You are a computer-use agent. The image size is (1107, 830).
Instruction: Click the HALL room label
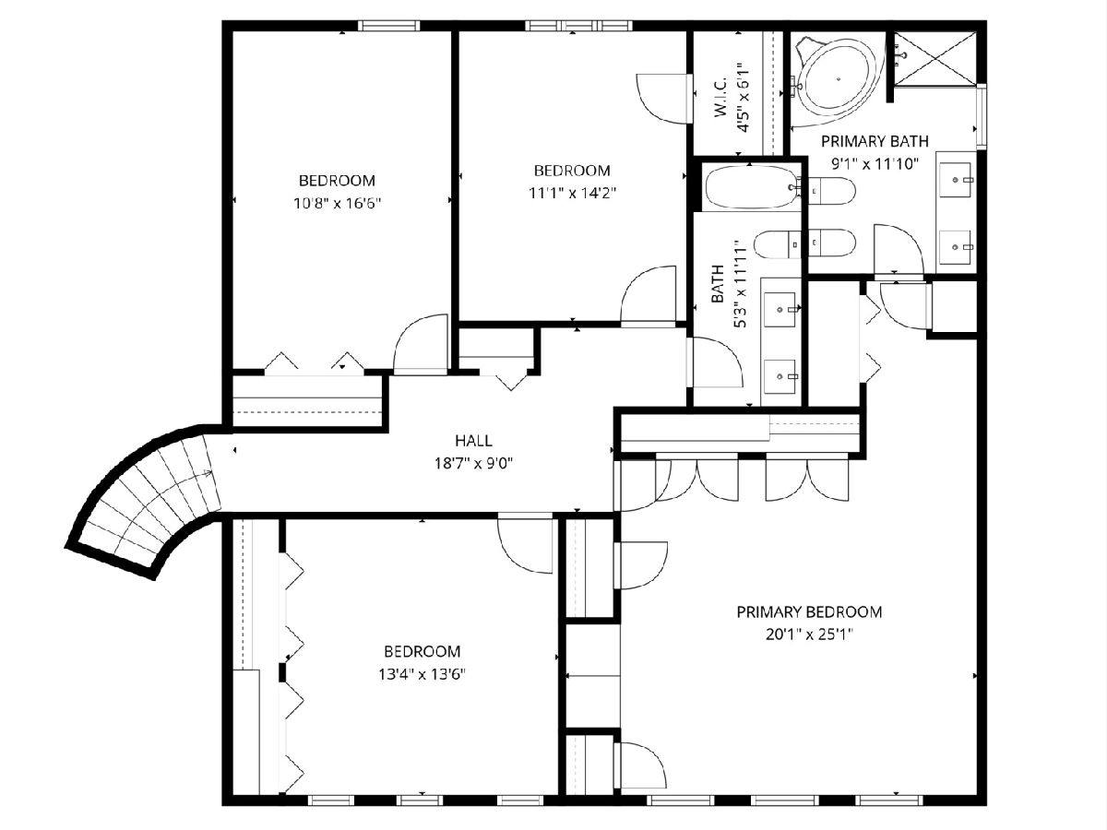click(x=473, y=441)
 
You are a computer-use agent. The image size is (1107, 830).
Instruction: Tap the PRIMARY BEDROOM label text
click(x=809, y=612)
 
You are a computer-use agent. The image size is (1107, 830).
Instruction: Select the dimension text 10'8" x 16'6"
click(x=337, y=204)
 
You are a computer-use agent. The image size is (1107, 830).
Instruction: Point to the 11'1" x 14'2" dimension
click(x=573, y=193)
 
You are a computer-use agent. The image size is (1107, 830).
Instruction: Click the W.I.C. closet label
click(x=720, y=97)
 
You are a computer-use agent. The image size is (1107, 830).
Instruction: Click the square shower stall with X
click(x=935, y=58)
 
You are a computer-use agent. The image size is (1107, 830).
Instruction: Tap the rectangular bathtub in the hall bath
click(x=752, y=187)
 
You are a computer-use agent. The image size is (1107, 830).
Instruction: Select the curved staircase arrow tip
click(x=211, y=473)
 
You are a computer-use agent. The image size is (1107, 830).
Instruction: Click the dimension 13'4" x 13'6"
click(x=423, y=674)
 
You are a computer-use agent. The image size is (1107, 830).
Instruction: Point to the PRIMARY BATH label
click(x=875, y=142)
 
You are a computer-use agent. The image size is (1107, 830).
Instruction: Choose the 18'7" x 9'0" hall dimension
click(x=473, y=463)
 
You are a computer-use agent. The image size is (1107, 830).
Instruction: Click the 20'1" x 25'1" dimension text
click(x=809, y=634)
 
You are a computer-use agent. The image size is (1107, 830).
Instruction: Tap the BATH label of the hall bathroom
click(x=717, y=284)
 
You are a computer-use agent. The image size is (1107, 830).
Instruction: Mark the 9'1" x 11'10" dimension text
click(x=875, y=164)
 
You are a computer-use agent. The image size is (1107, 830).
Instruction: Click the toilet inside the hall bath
click(x=777, y=244)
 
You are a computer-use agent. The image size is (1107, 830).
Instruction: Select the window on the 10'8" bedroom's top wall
click(x=389, y=26)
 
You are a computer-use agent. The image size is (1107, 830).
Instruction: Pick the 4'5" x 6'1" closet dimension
click(x=743, y=97)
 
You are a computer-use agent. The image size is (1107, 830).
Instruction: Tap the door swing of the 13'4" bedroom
click(x=526, y=543)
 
